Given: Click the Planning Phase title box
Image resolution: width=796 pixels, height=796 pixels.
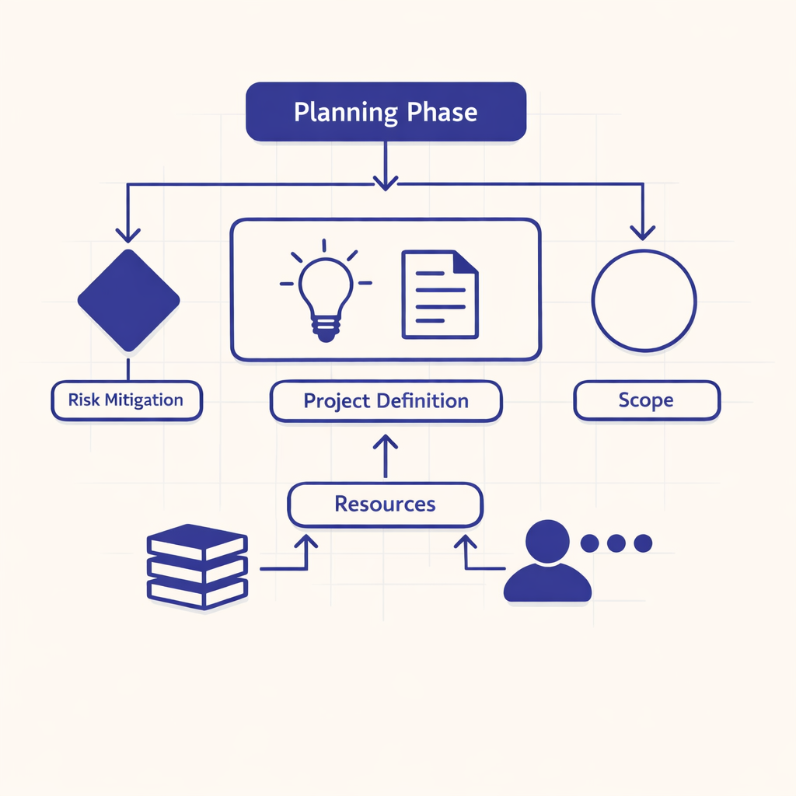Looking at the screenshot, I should pos(386,113).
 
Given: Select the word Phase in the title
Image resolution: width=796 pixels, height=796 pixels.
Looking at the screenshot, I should pos(442,113).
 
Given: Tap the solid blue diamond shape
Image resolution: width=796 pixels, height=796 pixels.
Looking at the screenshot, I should pos(128,300).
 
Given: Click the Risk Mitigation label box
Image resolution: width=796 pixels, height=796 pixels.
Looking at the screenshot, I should pos(127,401).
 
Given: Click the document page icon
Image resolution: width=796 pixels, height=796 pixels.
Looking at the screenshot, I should pos(440,294).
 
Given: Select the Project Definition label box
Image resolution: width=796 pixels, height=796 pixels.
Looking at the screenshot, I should pos(386,401).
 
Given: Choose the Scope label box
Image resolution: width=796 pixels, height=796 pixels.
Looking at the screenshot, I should pos(646,401).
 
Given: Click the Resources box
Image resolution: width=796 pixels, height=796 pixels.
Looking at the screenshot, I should pos(386,504).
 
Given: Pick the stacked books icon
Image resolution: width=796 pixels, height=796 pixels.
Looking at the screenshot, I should pos(197,566).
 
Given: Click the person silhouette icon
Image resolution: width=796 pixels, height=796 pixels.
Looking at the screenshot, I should pos(547,563).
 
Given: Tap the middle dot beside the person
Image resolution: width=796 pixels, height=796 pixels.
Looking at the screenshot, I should pos(616,543).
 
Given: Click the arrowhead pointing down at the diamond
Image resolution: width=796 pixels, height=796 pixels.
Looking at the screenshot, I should pos(127,234).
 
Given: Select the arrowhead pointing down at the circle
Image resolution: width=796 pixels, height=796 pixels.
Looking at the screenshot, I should pos(642,232).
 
